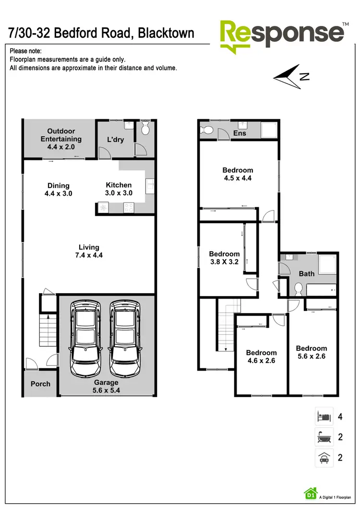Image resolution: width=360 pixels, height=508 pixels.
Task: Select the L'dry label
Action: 115,140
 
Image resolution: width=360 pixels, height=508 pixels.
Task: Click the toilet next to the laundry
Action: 145,129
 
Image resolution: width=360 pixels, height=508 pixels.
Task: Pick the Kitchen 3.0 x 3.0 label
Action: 119,189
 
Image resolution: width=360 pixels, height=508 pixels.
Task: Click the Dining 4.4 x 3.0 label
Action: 59,189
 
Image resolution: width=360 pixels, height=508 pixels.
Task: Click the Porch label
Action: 40,384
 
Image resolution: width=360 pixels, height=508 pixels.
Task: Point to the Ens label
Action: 240,133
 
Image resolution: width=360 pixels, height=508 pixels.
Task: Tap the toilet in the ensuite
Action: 207,130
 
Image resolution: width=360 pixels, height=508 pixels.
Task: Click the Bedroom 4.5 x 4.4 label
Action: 238,174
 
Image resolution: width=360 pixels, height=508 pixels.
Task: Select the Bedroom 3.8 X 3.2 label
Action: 224,258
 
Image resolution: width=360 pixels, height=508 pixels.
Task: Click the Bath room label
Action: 306,273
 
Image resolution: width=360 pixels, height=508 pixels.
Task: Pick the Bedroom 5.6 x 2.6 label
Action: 312,353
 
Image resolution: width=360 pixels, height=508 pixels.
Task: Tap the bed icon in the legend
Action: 324,416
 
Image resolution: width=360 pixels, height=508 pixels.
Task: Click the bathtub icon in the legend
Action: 324,437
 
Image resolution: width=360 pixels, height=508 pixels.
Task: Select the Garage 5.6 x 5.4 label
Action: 106,386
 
